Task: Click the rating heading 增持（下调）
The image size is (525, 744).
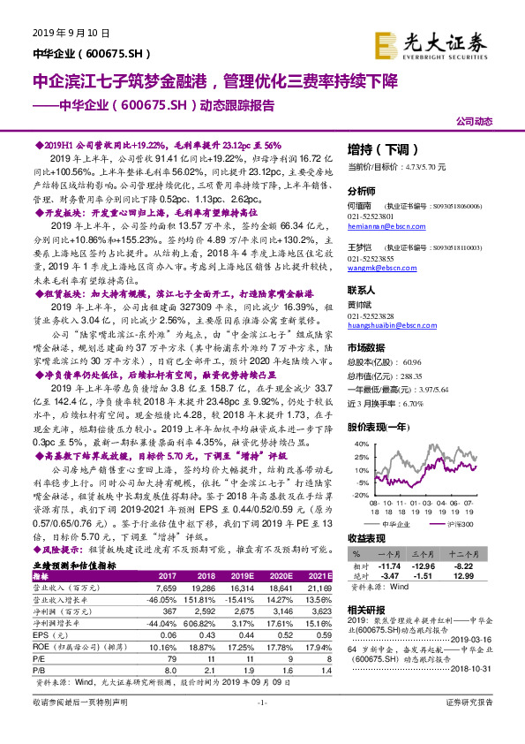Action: coord(379,148)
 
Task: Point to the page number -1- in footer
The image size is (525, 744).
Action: coord(261,726)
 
